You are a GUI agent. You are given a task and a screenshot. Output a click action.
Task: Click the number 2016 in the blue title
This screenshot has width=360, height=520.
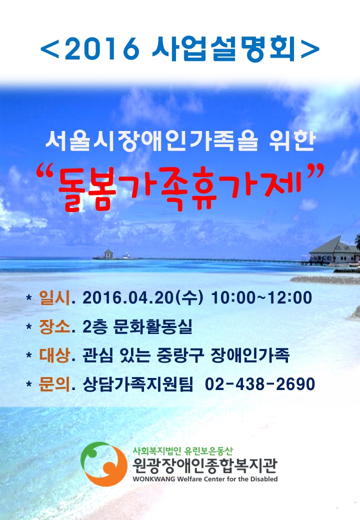click(102, 49)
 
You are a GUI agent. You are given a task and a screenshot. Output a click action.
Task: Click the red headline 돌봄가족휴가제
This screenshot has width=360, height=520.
click(179, 189)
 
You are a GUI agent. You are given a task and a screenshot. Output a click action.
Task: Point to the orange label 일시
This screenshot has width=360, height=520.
click(54, 297)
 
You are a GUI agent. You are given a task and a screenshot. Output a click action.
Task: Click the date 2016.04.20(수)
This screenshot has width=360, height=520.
click(142, 297)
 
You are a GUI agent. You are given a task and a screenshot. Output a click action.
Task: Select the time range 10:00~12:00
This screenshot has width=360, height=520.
click(261, 297)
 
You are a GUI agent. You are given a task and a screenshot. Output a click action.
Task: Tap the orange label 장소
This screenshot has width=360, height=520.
click(54, 326)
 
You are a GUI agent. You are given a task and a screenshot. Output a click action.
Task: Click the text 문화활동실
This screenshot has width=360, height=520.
click(152, 327)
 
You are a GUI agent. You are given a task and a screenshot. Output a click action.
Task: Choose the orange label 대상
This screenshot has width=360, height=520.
click(54, 355)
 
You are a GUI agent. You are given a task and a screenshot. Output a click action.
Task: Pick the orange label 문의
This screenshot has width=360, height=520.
click(54, 384)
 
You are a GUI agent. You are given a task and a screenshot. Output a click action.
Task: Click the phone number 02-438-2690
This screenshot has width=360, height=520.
click(260, 384)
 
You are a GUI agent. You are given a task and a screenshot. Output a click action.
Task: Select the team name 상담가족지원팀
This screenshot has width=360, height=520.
click(137, 384)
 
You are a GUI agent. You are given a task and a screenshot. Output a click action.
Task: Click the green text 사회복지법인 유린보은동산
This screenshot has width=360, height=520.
click(182, 450)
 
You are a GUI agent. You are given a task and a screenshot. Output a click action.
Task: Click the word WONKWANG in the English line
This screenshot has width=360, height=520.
click(154, 479)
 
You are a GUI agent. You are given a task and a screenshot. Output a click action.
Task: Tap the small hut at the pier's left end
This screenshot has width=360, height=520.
click(108, 254)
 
